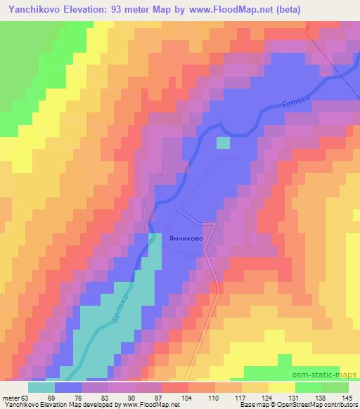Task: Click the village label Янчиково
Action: [x=186, y=238]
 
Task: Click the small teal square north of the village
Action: [x=223, y=143]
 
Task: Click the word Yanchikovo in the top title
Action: [x=33, y=8]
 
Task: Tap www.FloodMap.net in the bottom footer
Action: [x=148, y=405]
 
